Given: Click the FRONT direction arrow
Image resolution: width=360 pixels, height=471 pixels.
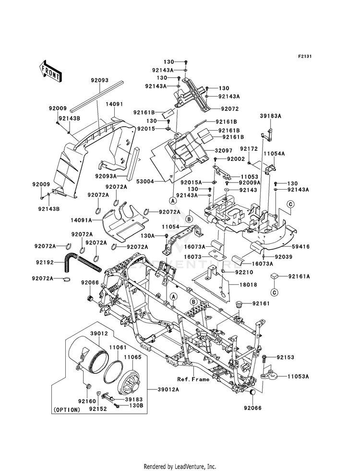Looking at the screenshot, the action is (50, 72).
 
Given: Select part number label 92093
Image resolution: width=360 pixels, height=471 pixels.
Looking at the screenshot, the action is (100, 81).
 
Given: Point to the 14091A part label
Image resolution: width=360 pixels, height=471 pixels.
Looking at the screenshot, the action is (82, 220).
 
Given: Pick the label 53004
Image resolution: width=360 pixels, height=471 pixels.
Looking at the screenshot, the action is (145, 181).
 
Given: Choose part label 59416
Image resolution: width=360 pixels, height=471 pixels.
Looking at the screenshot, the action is (301, 247).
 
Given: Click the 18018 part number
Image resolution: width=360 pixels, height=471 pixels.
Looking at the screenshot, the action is (249, 284).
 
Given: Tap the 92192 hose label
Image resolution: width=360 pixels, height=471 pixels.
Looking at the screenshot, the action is (45, 262).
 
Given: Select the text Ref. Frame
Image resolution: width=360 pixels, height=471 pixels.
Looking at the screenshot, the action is (193, 379).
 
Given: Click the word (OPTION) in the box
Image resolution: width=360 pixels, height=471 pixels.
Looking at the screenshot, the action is (67, 410).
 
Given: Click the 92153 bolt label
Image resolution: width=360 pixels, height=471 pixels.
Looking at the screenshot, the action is (285, 357).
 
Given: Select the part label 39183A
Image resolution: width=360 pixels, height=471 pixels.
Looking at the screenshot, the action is (271, 116).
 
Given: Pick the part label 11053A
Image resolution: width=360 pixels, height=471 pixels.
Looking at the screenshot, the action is (298, 376).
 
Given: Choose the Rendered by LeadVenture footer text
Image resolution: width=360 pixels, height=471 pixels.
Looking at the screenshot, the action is (180, 467).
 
